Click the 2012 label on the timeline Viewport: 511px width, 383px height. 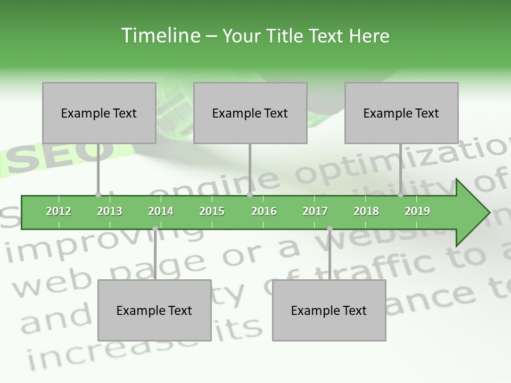pos(59,211)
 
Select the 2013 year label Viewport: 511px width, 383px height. pos(110,211)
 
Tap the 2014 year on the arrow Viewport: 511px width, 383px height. pos(161,211)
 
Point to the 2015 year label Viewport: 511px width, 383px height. pos(212,211)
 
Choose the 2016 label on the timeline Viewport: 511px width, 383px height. pos(264,211)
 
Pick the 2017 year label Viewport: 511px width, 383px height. pos(315,211)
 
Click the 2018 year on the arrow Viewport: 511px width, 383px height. pos(366,211)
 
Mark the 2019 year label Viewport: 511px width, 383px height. pos(417,211)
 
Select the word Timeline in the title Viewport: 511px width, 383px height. pos(160,36)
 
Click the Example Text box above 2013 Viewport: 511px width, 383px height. pos(99,113)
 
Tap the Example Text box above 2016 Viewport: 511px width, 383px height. pos(250,113)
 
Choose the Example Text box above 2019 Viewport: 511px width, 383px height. pos(401,113)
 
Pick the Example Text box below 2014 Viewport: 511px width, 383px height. pos(154,310)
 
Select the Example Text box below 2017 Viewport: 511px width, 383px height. pos(329,310)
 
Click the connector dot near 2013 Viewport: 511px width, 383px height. pos(98,195)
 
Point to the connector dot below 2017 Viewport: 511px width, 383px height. pos(329,229)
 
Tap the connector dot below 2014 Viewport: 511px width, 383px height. pos(155,229)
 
